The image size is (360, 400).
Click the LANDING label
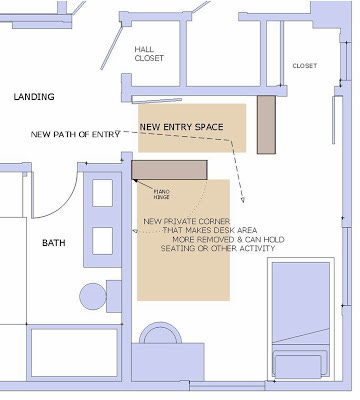[34, 97]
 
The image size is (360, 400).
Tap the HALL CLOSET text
[149, 54]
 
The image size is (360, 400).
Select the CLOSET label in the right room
[305, 66]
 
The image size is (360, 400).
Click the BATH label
[54, 243]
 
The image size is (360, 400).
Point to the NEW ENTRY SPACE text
[181, 127]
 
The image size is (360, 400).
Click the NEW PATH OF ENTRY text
[75, 134]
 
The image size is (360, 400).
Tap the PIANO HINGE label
[162, 194]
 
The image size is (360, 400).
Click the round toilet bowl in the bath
[93, 296]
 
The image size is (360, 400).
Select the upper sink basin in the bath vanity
[102, 193]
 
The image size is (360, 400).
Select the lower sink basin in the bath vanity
[102, 241]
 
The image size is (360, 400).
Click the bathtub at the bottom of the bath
[74, 353]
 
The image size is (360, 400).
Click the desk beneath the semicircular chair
[168, 362]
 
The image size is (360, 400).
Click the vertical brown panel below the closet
[266, 125]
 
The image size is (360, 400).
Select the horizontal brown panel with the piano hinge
[169, 170]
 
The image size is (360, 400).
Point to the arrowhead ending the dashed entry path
[243, 200]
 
